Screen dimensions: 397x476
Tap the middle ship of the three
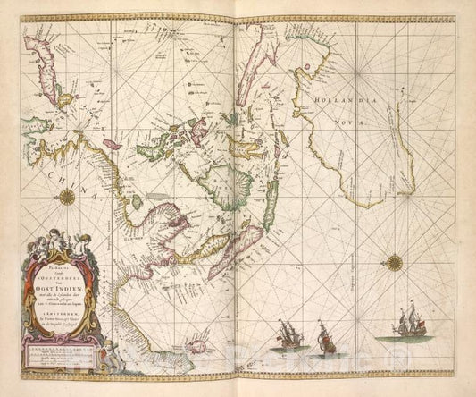[325, 336]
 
